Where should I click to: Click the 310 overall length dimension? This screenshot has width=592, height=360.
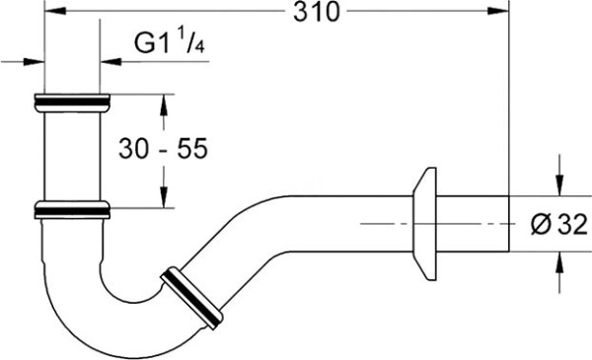[x=317, y=12]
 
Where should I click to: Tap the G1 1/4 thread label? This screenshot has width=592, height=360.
[x=170, y=42]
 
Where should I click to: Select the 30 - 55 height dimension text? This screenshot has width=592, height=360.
[x=163, y=148]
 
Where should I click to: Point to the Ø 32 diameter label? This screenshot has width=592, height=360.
[x=559, y=224]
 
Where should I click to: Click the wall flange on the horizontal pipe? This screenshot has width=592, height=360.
[x=424, y=224]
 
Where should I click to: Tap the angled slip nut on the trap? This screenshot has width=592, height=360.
[x=191, y=298]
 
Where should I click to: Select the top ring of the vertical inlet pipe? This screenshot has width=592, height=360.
[x=72, y=103]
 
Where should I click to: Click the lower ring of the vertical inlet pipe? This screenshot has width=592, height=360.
[x=72, y=210]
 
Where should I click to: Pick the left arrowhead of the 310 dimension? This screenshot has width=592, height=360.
[x=55, y=11]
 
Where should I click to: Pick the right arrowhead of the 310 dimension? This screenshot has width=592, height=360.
[x=498, y=11]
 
